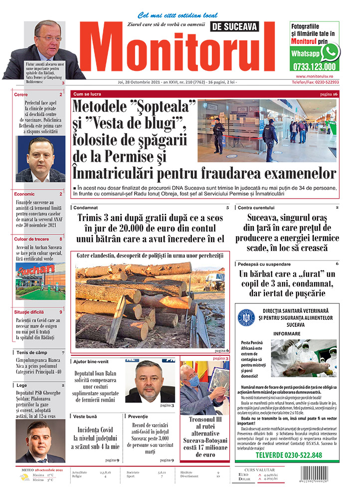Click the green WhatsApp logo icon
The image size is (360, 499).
(x=330, y=52)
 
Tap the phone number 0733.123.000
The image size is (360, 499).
(x=315, y=66)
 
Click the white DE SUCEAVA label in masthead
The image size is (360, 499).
(x=233, y=27)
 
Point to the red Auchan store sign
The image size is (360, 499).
(x=34, y=270)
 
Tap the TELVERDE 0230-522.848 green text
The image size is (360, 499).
(x=289, y=456)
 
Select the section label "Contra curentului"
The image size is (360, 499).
(x=256, y=207)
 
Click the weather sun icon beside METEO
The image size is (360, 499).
(x=24, y=478)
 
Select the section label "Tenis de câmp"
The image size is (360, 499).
(x=31, y=353)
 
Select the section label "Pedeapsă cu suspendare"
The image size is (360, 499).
(x=264, y=264)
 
